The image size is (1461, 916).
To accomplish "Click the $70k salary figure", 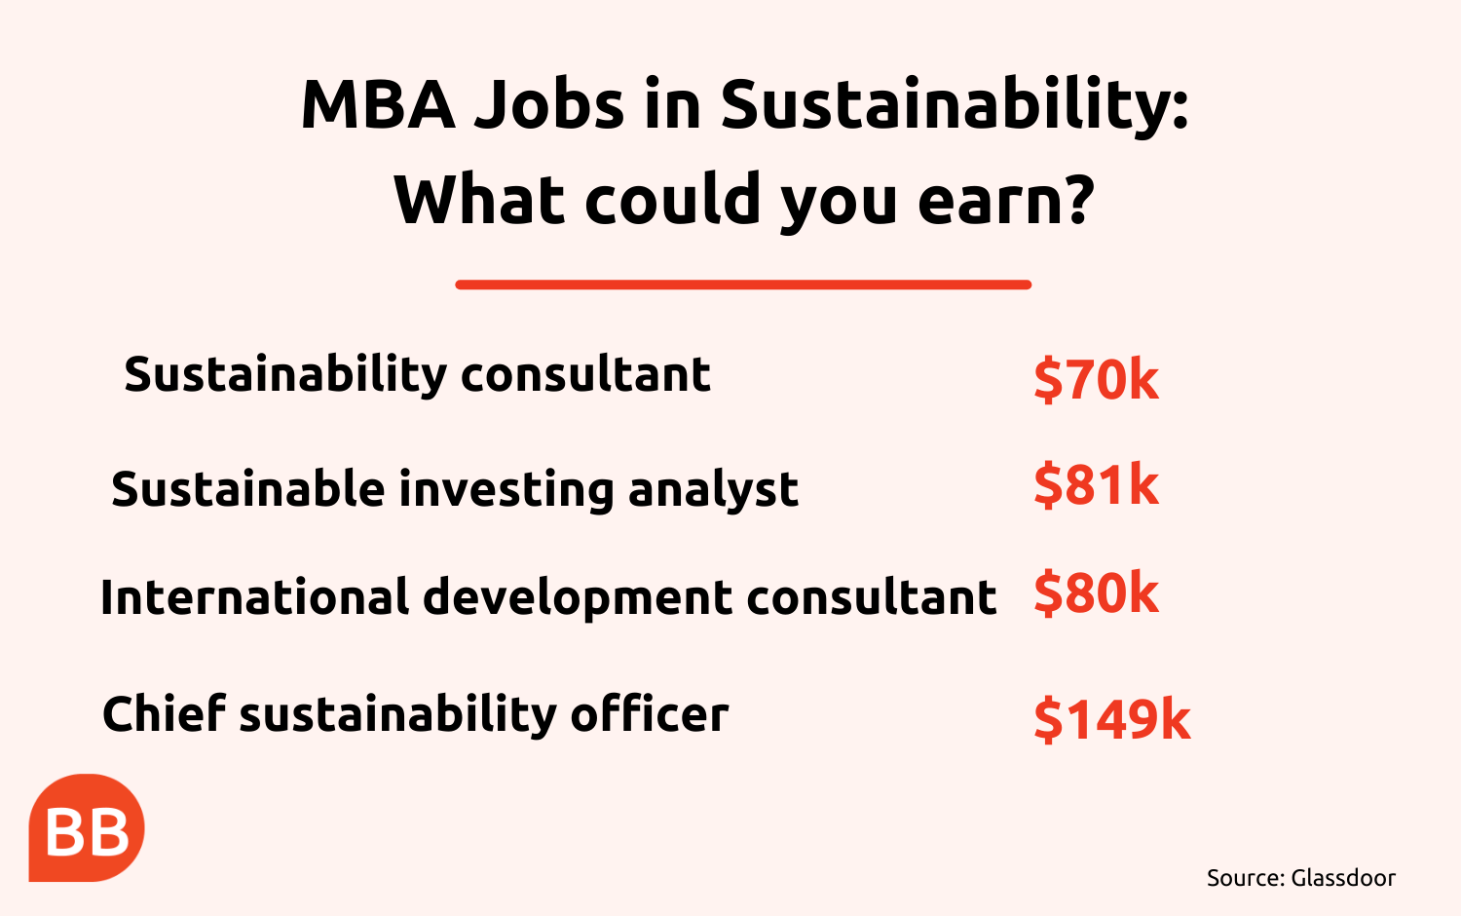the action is (1097, 379).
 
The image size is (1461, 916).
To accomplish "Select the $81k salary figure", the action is (1097, 484).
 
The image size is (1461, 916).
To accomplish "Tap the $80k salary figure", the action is (1097, 592).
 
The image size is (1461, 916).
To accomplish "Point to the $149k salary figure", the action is (1112, 719).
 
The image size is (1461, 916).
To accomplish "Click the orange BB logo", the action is (86, 828).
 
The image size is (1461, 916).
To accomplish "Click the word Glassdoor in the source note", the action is (1343, 878).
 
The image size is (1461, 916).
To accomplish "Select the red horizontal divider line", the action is (743, 285).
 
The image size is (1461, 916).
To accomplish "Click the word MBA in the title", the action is (378, 105).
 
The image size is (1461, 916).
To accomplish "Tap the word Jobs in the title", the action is (549, 105).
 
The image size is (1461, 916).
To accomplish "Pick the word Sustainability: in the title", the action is (955, 107).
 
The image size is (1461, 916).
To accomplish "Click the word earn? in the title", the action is (1005, 199).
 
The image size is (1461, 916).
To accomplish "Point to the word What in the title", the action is (479, 199).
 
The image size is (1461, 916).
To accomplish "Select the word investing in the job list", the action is (506, 490).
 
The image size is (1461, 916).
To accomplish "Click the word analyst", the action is (713, 490).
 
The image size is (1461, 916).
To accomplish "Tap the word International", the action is (254, 596).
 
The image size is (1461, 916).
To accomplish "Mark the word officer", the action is (650, 713).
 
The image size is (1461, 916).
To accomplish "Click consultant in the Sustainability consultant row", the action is (585, 375).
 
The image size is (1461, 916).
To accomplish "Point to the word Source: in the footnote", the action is (1245, 878).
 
